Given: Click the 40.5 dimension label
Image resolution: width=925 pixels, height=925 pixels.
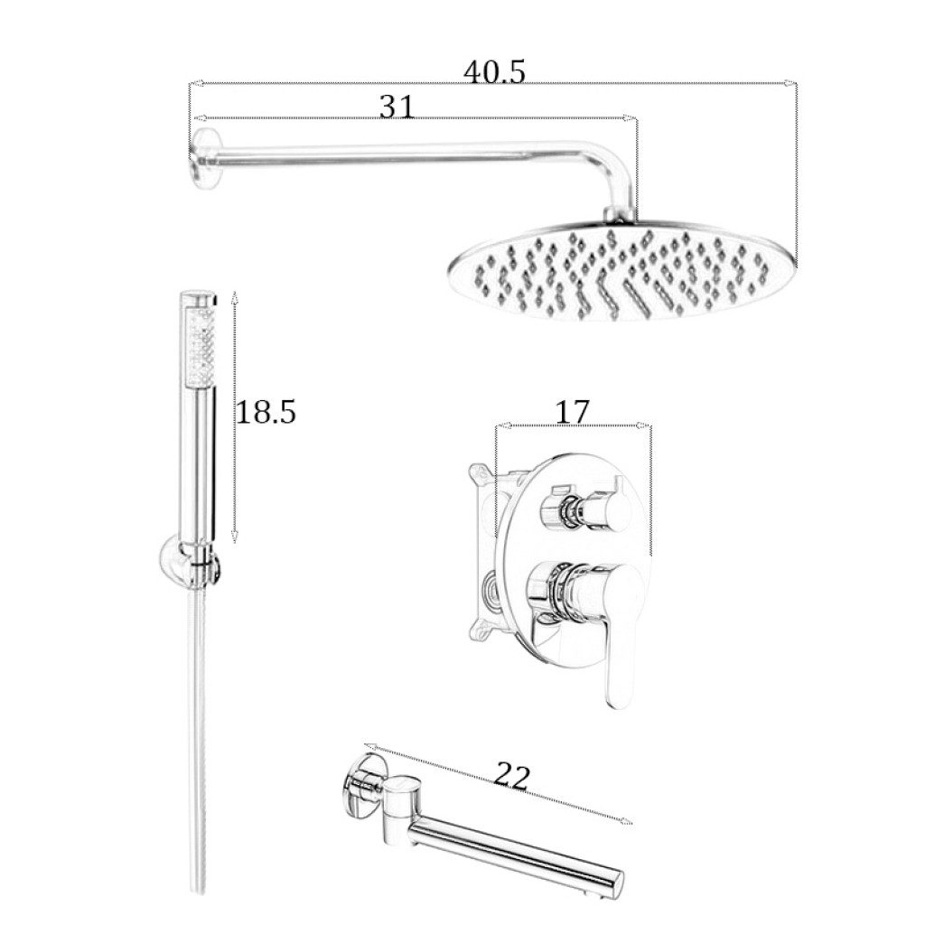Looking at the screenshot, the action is tap(494, 72).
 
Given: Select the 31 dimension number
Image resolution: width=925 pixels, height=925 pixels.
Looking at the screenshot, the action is tap(397, 107).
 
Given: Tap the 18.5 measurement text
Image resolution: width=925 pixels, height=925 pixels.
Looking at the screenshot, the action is tap(266, 412).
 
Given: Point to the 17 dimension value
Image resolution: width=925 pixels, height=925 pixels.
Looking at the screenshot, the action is tap(572, 412).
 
